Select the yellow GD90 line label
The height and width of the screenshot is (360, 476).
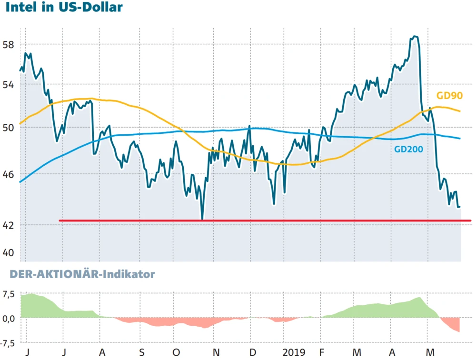[450, 95]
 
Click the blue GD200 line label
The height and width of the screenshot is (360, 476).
[408, 149]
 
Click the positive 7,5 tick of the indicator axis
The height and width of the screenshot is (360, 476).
[9, 293]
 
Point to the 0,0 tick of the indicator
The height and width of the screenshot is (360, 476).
[9, 318]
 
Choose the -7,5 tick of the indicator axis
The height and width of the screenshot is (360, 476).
[7, 343]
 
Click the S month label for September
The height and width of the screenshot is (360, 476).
[141, 353]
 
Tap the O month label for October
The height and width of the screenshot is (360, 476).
[176, 353]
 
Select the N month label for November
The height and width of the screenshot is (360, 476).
[216, 353]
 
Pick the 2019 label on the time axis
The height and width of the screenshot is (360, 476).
[294, 353]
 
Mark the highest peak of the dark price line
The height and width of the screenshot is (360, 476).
[415, 36]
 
